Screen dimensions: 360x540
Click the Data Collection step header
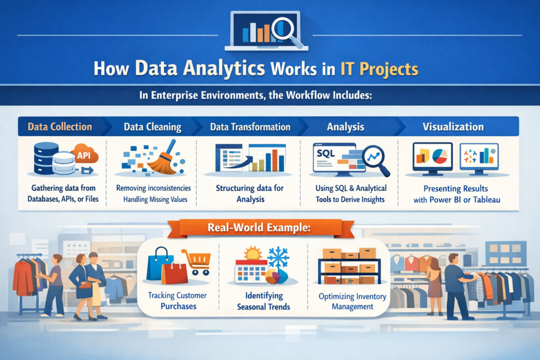click(x=60, y=127)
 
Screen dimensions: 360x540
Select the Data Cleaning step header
click(x=152, y=127)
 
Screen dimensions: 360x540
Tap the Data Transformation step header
click(x=250, y=127)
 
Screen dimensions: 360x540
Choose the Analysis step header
click(x=346, y=127)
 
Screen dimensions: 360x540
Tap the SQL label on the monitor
click(x=325, y=153)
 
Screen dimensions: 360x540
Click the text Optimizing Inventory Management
click(x=353, y=301)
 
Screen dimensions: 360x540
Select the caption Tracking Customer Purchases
click(x=177, y=300)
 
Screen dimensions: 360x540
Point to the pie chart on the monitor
click(x=439, y=155)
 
